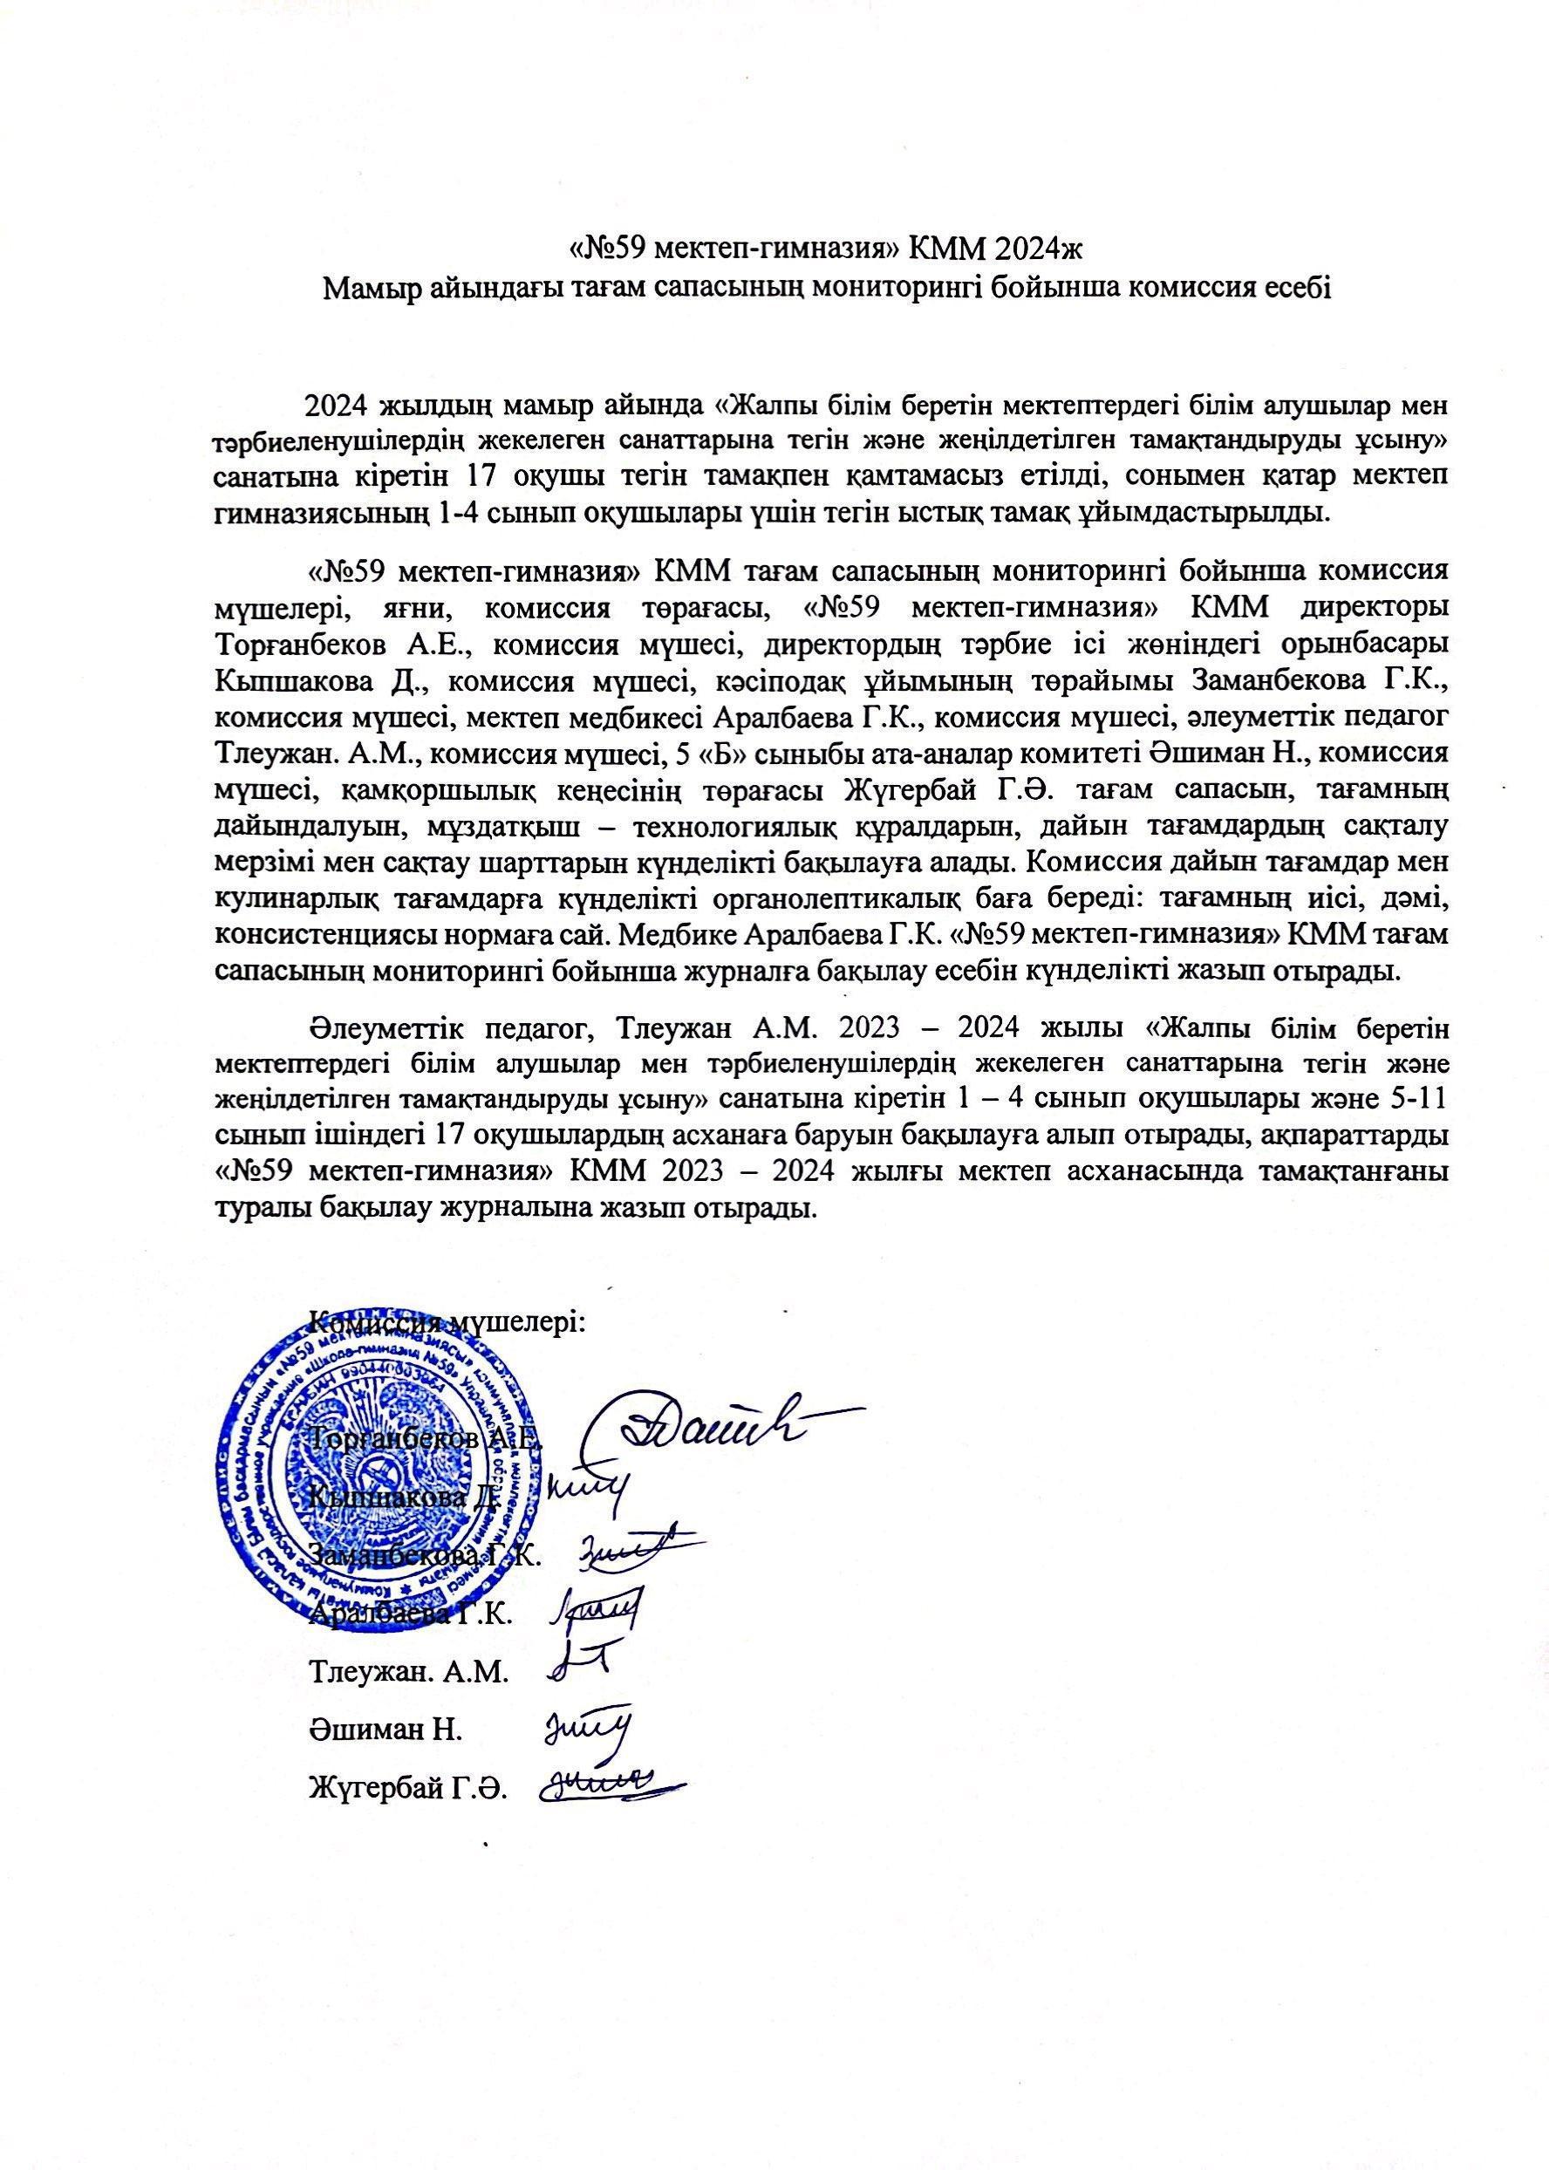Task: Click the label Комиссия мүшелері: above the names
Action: (448, 1325)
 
